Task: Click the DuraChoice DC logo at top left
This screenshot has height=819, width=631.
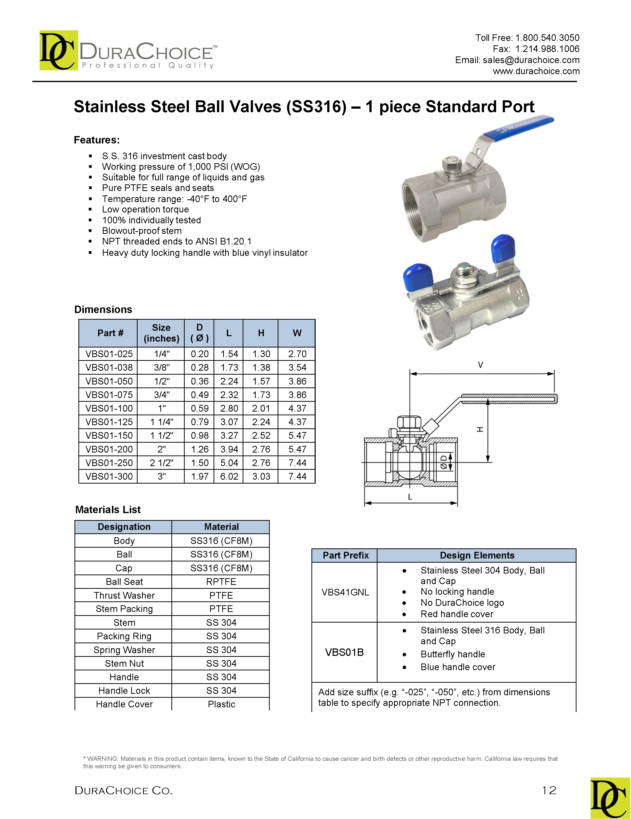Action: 58,50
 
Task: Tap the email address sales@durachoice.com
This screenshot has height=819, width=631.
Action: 531,60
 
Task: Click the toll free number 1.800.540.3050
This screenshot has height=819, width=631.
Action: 547,38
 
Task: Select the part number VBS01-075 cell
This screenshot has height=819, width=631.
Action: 109,395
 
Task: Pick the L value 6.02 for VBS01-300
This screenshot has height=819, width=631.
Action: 229,476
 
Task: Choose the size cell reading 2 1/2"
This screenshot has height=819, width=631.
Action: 161,463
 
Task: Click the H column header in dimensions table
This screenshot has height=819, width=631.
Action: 261,333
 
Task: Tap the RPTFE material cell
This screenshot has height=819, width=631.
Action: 221,582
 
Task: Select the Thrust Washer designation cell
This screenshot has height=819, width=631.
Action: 124,595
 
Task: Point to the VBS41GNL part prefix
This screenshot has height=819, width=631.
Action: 345,592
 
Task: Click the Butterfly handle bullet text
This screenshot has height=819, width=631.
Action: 452,654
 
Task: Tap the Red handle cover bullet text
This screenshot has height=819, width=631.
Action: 457,614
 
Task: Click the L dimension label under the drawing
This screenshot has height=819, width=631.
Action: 410,497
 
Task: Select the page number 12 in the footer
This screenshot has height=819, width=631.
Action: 549,790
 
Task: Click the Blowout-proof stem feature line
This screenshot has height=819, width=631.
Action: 142,231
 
